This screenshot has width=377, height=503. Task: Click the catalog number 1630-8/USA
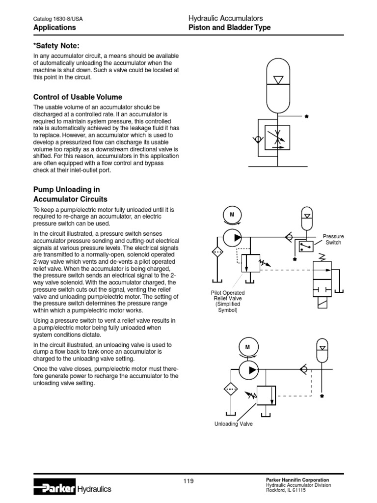click(x=58, y=19)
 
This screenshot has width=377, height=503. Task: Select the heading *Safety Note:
click(x=56, y=46)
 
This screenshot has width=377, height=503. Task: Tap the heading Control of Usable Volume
click(x=78, y=97)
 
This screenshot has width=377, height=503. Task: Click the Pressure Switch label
click(x=333, y=240)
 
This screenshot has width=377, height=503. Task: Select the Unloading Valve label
click(x=234, y=424)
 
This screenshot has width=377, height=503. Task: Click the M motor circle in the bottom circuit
click(x=247, y=347)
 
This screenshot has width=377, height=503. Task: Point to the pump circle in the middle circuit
click(x=233, y=237)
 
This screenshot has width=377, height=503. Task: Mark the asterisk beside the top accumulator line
click(x=306, y=117)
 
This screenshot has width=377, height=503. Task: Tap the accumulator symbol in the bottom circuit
click(x=322, y=349)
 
